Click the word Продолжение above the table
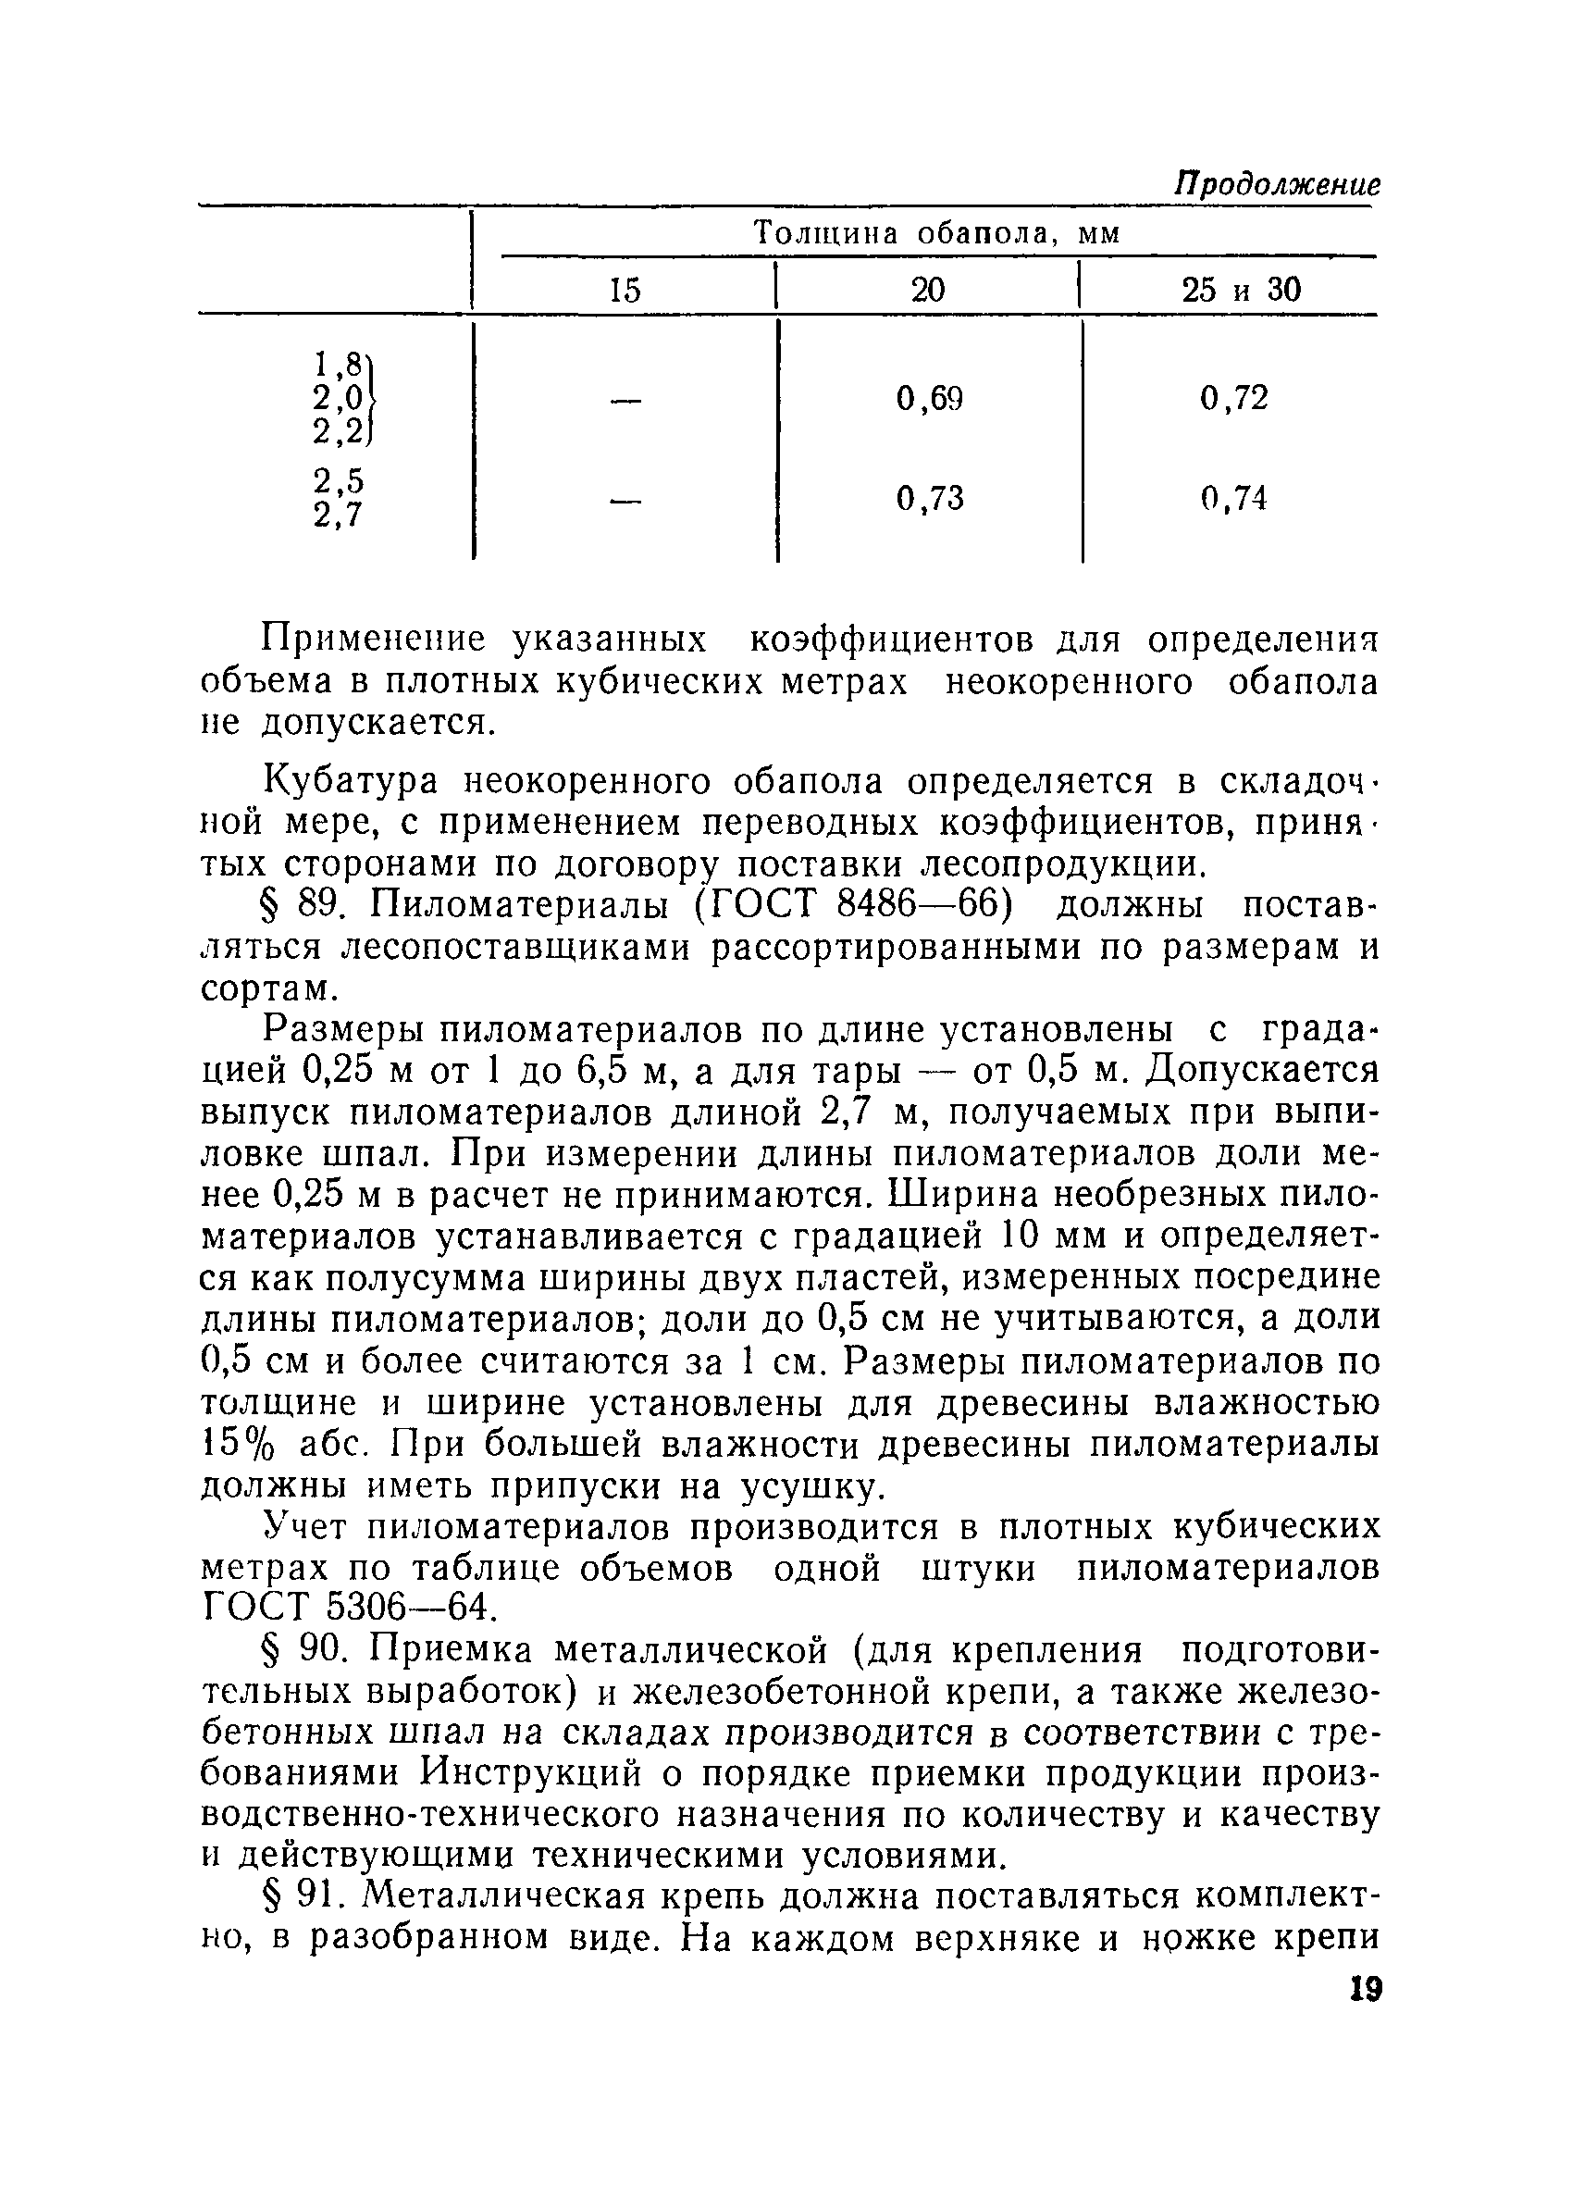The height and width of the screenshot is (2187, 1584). [x=1276, y=183]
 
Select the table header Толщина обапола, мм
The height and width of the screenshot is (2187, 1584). [x=936, y=233]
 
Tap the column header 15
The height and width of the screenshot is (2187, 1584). [x=625, y=291]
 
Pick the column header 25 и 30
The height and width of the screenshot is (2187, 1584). [x=1241, y=290]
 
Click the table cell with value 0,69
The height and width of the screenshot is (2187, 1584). [x=929, y=397]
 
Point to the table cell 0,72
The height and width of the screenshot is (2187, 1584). [x=1234, y=397]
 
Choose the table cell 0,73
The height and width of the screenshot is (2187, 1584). [x=929, y=499]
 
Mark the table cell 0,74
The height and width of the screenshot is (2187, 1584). [x=1234, y=499]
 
